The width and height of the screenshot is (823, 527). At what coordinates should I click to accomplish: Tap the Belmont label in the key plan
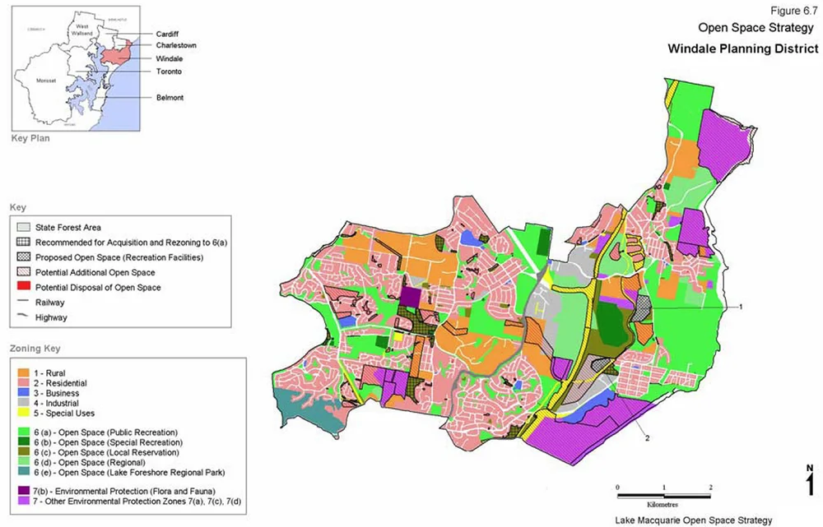tap(171, 97)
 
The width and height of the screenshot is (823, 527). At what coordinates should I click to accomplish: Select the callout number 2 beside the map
tap(648, 438)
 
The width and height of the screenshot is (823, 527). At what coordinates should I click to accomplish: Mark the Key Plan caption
tap(30, 138)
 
